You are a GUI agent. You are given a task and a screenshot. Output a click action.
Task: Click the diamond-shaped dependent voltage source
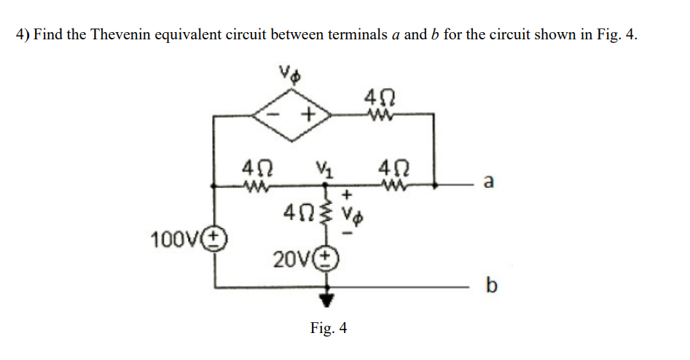pos(292,114)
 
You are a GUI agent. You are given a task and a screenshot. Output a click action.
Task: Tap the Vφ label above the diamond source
pos(291,76)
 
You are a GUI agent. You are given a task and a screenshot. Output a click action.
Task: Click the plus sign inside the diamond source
pos(309,114)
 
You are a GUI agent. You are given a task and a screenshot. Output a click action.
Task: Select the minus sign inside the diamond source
pos(278,114)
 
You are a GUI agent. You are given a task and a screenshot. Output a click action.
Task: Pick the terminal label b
pos(490,286)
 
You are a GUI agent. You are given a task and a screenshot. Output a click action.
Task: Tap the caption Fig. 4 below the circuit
pos(328,329)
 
